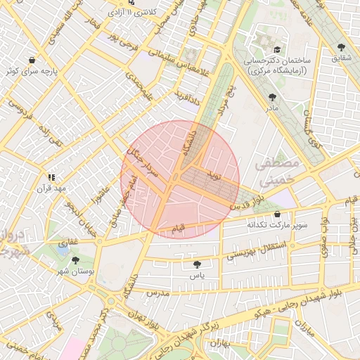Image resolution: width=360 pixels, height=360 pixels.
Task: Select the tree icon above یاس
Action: (197, 264)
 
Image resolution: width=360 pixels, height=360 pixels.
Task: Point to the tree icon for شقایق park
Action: (341, 46)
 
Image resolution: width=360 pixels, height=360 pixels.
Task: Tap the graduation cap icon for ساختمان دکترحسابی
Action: (277, 50)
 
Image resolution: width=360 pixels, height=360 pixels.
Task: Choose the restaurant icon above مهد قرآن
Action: (51, 178)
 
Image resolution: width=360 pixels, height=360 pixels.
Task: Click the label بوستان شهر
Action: (75, 271)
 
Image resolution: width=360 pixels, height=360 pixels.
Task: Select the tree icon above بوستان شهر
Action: (75, 260)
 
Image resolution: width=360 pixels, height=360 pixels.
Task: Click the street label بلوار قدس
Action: (248, 200)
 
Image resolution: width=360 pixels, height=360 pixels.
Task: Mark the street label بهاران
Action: (219, 345)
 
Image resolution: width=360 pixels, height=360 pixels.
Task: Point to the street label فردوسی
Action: (20, 108)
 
